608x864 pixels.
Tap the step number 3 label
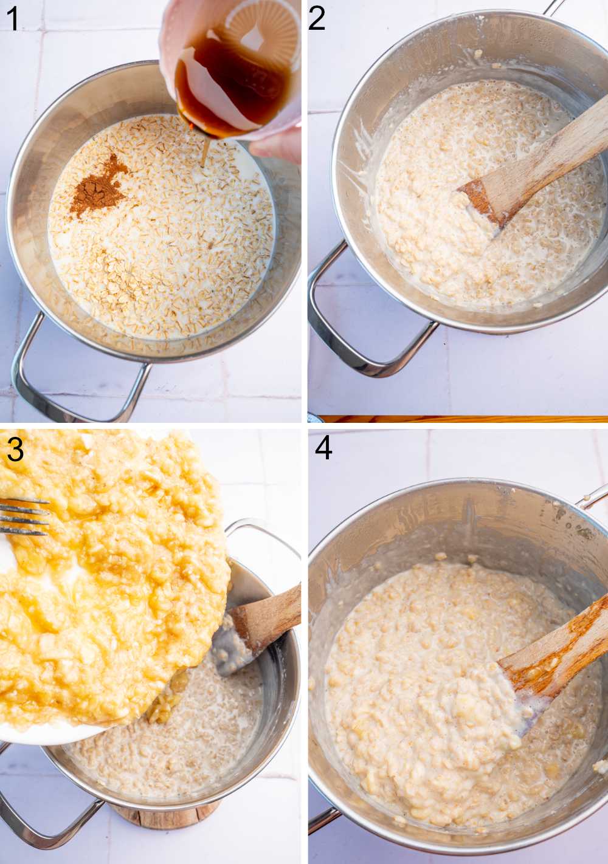(x=15, y=450)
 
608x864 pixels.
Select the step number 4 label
(x=323, y=448)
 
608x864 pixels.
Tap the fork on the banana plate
(x=24, y=516)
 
